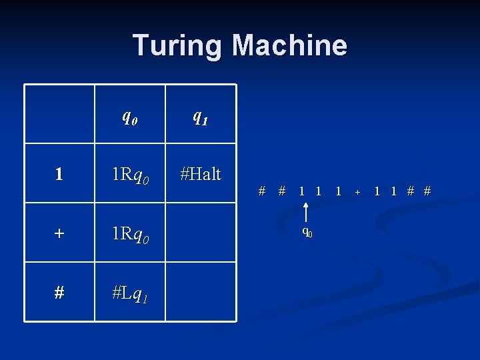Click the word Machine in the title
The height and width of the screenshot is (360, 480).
click(x=289, y=45)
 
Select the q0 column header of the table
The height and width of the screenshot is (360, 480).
click(x=130, y=117)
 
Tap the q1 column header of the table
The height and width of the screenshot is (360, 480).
click(x=200, y=117)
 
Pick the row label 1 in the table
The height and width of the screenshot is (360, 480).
click(x=59, y=175)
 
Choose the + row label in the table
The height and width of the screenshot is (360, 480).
click(x=59, y=234)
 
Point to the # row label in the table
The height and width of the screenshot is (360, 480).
click(x=59, y=293)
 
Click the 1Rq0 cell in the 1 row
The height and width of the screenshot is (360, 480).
click(x=130, y=175)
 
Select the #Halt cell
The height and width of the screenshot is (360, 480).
click(x=200, y=174)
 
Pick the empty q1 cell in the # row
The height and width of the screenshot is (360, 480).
click(x=200, y=291)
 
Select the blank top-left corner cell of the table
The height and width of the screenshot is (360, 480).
click(x=59, y=114)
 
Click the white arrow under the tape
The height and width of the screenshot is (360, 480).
click(x=305, y=212)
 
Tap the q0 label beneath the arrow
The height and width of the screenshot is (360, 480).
click(x=307, y=232)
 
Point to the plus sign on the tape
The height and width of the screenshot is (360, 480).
click(x=357, y=192)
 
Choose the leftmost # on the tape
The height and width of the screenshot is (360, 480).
click(x=263, y=191)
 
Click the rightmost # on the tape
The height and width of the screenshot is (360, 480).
click(x=427, y=191)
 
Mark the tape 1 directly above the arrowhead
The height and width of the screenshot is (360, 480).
click(x=303, y=191)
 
